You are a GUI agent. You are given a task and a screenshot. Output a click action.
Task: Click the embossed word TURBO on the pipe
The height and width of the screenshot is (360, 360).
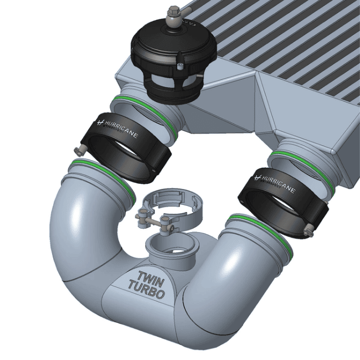pyautogui.click(x=146, y=291)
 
